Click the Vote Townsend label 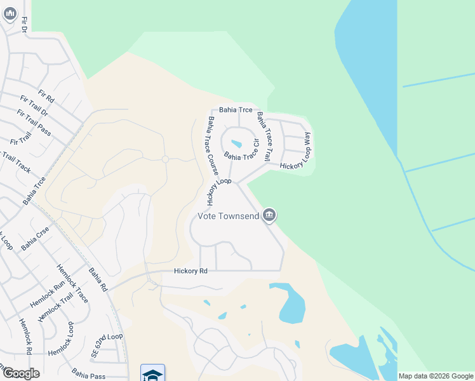[x=228, y=217]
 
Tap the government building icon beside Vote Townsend [x=269, y=216]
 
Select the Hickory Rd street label [x=191, y=271]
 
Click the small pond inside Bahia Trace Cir [x=236, y=144]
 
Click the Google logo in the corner [x=21, y=373]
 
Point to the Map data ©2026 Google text [x=436, y=376]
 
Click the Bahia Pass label [x=88, y=373]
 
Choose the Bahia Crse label [x=35, y=238]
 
